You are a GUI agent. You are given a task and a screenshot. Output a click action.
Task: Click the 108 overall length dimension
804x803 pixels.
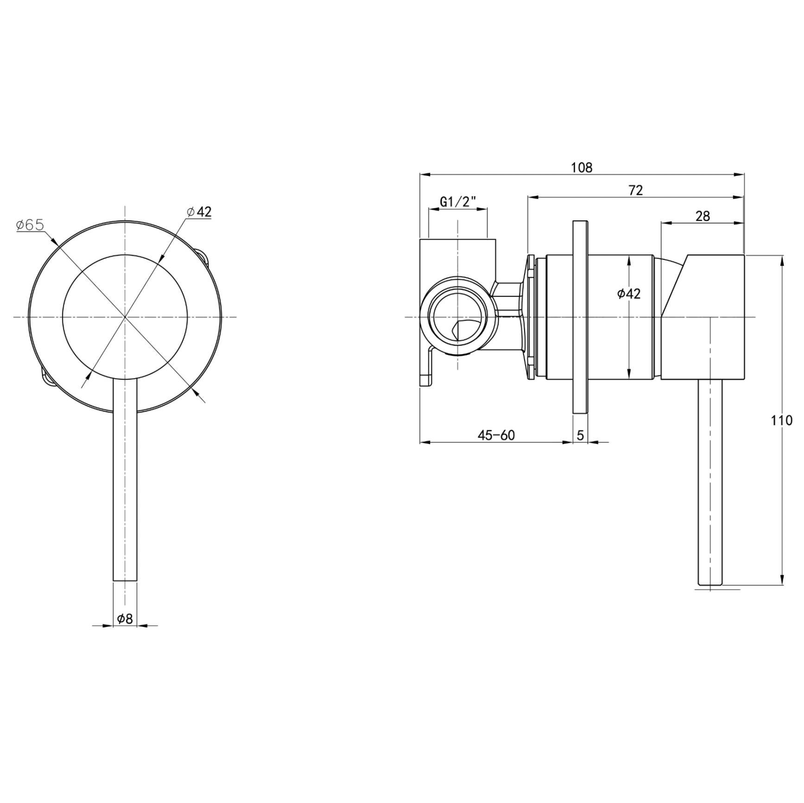click(582, 168)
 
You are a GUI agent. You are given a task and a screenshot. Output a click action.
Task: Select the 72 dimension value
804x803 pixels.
click(636, 190)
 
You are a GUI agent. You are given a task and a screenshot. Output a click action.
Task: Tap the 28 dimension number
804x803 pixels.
click(703, 216)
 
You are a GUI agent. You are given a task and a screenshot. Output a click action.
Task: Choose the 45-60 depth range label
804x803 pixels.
click(496, 435)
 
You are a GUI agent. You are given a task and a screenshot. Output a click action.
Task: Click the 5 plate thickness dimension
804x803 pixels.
click(580, 435)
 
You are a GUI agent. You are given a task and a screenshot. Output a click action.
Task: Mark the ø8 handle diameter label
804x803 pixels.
click(125, 619)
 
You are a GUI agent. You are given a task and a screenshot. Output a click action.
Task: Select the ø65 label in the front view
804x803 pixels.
click(30, 225)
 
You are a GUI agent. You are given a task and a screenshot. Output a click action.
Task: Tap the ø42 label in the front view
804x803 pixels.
click(199, 212)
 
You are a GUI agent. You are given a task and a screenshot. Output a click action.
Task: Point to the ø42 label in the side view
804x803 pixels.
click(629, 294)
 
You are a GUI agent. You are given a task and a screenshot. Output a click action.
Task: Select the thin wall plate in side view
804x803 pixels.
click(580, 317)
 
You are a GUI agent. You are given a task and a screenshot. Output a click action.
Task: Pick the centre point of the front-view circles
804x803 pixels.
click(125, 317)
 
